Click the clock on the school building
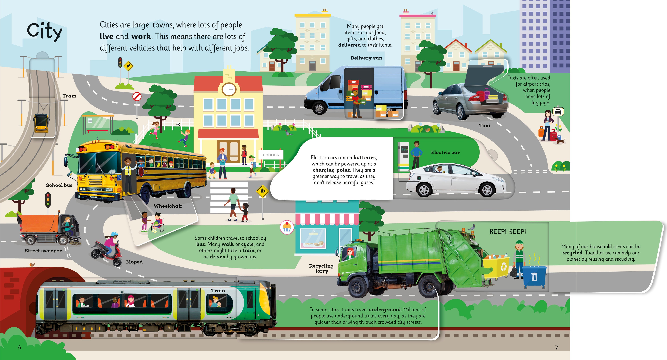(x=229, y=89)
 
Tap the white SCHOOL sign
(x=271, y=155)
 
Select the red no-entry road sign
(x=137, y=97)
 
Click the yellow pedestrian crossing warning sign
(x=263, y=191)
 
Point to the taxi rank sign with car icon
(x=558, y=112)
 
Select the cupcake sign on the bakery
(x=287, y=227)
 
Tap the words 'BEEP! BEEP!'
(x=508, y=232)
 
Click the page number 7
(x=556, y=347)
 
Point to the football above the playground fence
(x=178, y=124)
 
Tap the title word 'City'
(x=44, y=32)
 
